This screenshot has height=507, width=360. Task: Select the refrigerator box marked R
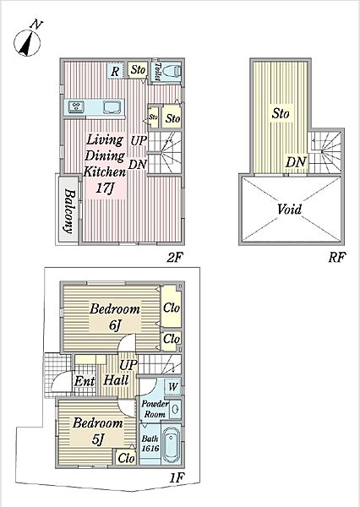[115, 71]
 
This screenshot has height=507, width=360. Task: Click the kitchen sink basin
[112, 107]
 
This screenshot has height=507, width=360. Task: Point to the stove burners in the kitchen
[77, 106]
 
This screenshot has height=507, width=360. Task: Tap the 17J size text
[105, 188]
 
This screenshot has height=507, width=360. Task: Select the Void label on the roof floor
[290, 210]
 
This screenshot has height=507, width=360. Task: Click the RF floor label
[337, 258]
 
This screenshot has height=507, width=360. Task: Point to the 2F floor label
[175, 258]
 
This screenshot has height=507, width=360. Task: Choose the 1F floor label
[177, 477]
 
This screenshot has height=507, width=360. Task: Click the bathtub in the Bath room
[171, 445]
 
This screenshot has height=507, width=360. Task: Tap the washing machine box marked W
[172, 386]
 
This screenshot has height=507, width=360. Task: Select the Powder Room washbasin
[175, 409]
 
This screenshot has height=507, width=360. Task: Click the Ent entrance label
[85, 381]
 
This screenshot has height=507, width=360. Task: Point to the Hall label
[116, 380]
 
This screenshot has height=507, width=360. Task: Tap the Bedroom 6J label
[115, 317]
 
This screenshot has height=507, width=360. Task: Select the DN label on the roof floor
[296, 162]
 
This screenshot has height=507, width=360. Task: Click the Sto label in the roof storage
[281, 113]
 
